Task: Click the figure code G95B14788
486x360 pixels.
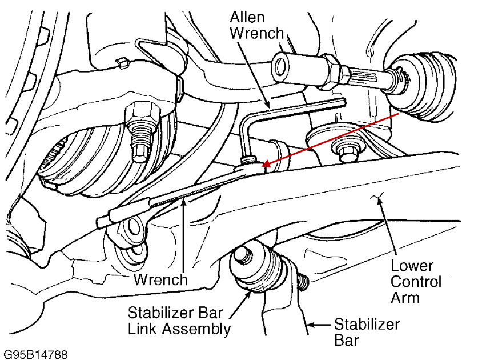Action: pos(35,354)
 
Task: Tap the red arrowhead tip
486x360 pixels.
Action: pos(263,166)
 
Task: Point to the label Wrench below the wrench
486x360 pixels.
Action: pos(160,279)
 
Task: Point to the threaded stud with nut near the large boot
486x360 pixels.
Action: pos(140,129)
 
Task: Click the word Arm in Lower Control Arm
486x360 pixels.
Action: pos(407,298)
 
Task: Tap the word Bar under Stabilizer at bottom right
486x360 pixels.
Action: pos(346,341)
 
